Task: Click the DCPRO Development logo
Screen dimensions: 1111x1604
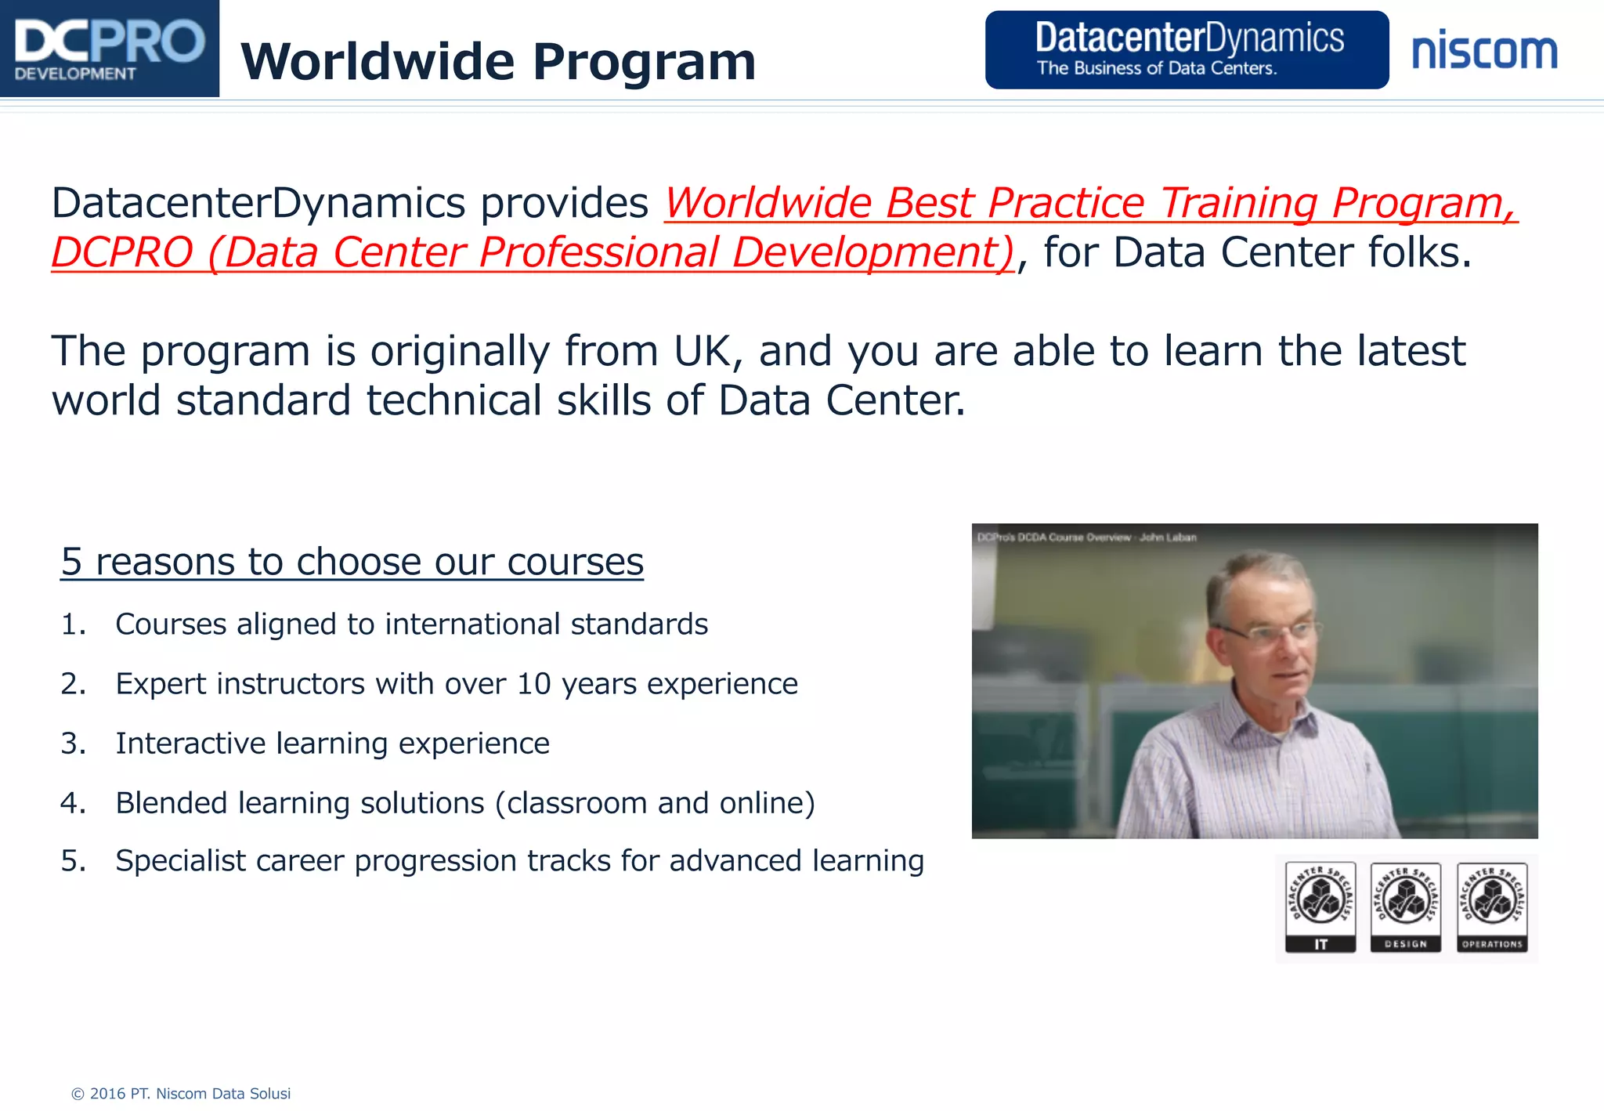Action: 109,49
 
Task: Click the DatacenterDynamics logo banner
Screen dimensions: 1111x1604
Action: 1186,49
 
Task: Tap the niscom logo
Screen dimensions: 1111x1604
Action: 1484,52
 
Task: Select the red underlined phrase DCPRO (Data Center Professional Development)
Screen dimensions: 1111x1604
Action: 533,253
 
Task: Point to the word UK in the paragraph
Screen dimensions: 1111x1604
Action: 702,351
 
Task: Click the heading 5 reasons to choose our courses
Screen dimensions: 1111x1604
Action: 352,562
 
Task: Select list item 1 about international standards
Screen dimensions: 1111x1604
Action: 411,624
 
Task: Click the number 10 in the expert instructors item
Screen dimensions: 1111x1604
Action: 534,684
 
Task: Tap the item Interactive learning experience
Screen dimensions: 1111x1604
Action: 332,744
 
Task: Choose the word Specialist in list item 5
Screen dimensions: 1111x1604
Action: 181,861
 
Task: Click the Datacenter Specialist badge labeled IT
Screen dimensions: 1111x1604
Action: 1320,907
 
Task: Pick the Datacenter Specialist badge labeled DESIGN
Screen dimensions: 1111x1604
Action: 1406,907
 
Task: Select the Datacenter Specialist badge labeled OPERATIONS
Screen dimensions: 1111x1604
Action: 1492,907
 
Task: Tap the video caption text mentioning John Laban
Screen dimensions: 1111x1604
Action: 1167,537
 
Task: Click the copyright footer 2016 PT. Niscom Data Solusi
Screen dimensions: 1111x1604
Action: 181,1094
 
